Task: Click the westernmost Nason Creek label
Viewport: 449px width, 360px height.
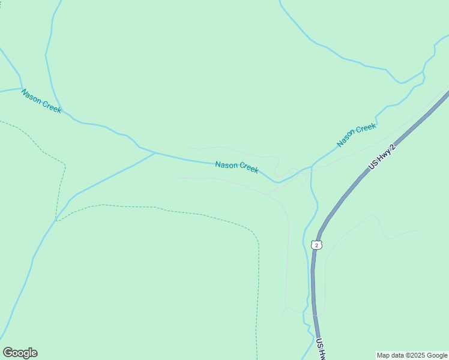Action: point(41,101)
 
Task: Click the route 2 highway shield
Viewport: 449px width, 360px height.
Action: point(317,245)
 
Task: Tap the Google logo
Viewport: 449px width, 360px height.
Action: point(20,353)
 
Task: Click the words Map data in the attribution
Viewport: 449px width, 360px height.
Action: point(390,355)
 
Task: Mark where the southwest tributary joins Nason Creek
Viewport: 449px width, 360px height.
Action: point(155,152)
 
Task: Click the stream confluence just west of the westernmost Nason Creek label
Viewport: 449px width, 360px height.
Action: point(22,89)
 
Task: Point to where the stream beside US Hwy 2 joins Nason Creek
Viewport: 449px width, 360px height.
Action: point(312,167)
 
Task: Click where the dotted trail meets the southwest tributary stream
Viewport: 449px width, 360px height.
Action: point(56,220)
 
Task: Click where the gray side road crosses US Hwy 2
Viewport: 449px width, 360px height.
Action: point(314,313)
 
